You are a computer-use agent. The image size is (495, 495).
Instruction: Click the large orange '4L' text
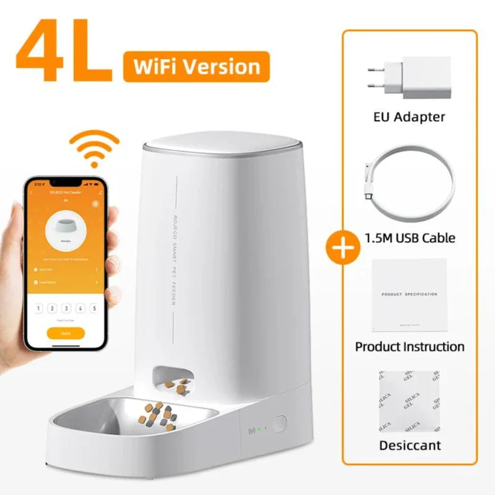[65, 55]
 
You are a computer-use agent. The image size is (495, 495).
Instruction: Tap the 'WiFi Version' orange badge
[196, 66]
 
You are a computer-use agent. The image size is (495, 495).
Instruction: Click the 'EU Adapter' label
[409, 116]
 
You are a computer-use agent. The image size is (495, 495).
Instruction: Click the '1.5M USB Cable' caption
[409, 237]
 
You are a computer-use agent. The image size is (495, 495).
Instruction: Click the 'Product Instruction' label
[409, 346]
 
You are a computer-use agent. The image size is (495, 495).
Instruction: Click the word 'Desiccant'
[409, 445]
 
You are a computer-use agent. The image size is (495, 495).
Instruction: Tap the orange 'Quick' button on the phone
[65, 332]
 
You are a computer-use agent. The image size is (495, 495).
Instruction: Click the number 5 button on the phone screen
[94, 308]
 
